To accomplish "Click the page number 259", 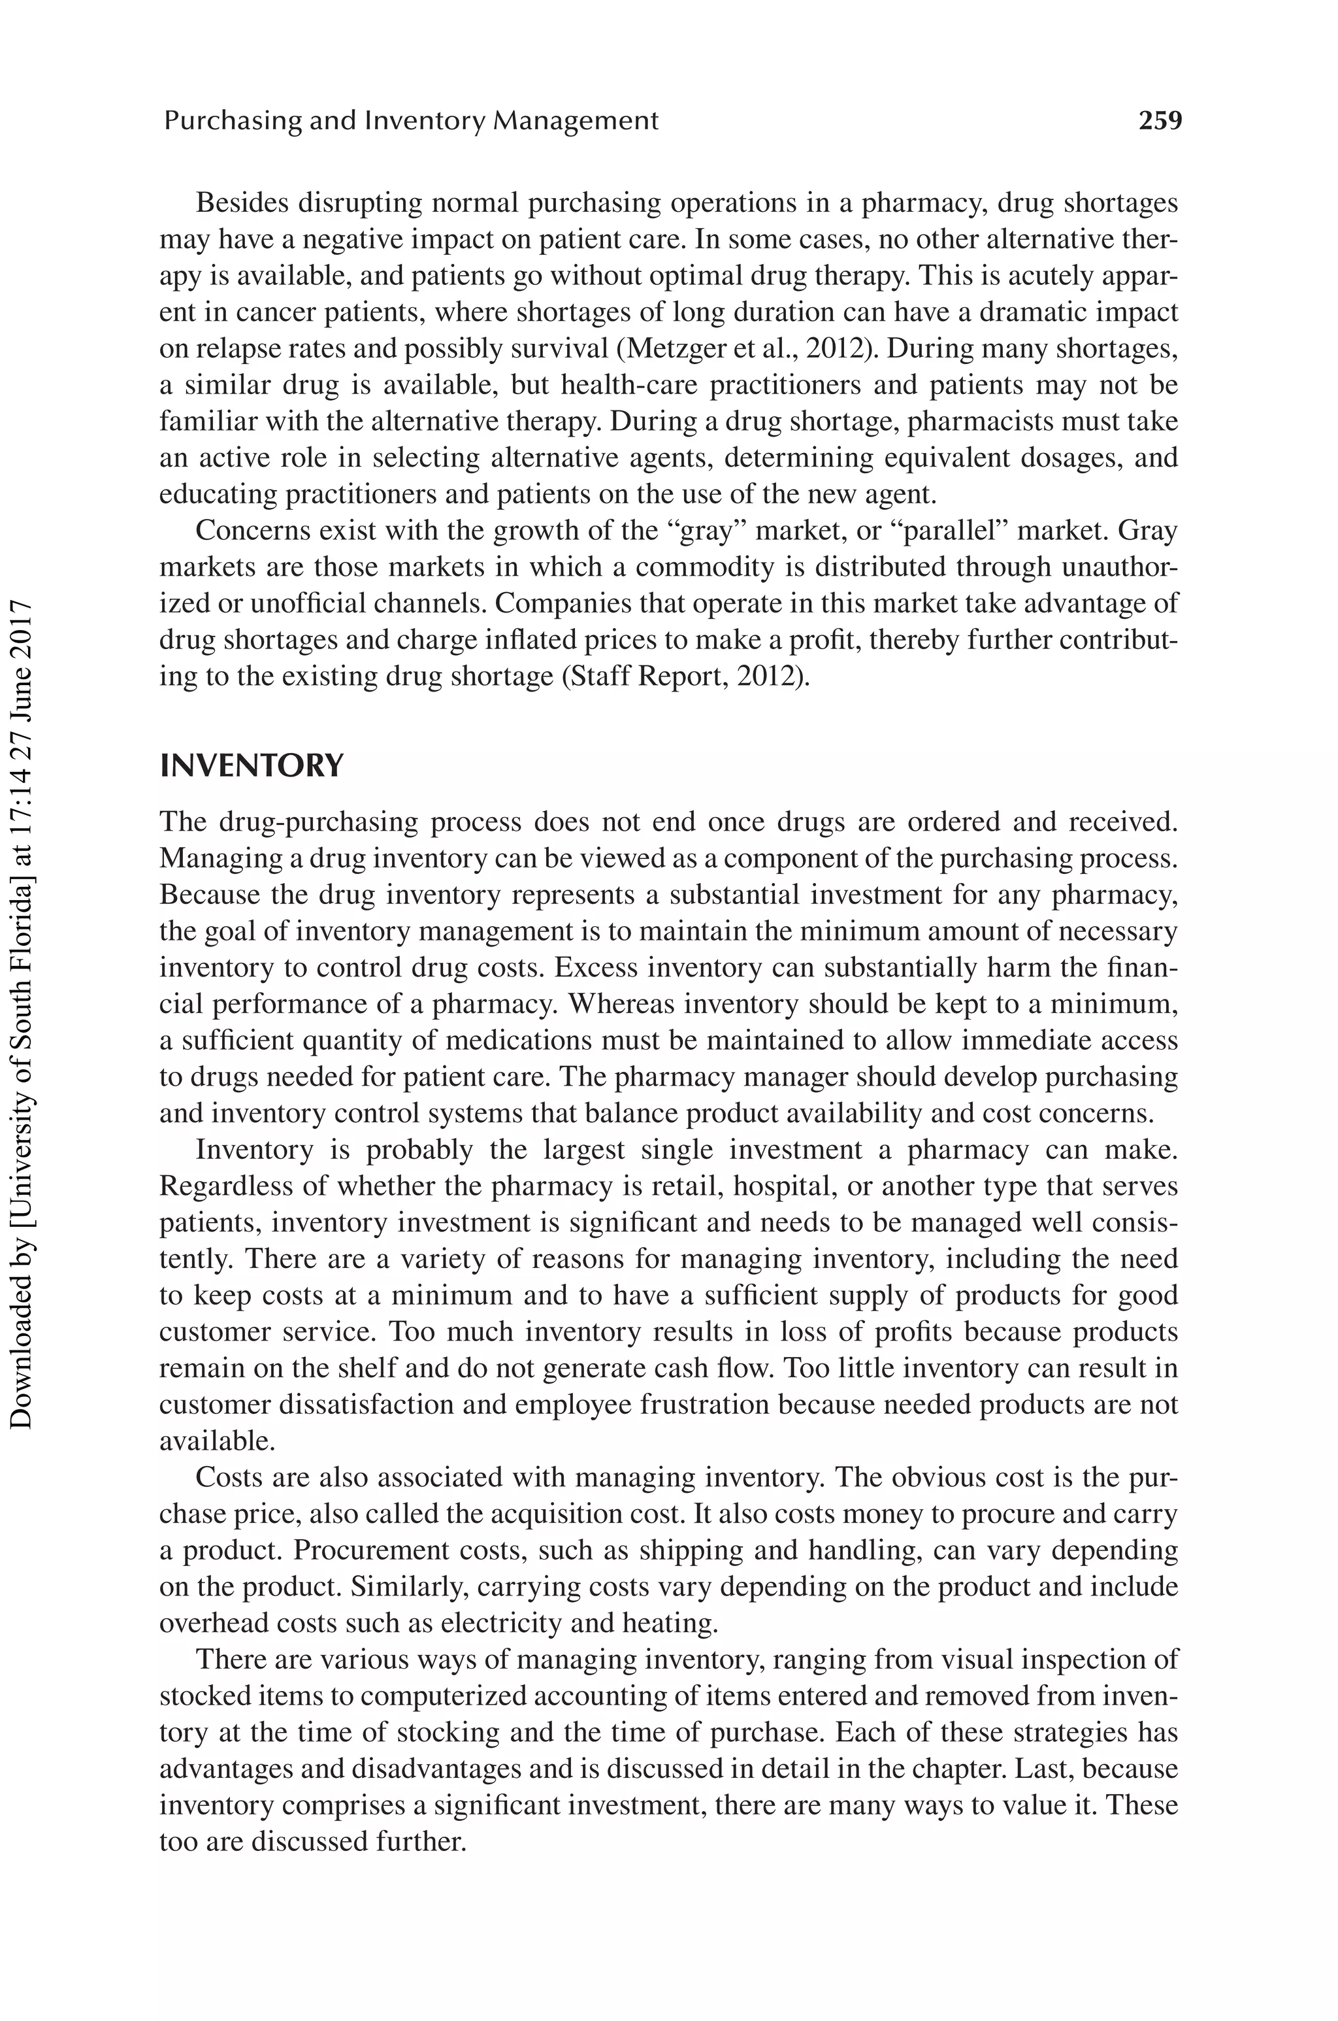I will (x=1160, y=120).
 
